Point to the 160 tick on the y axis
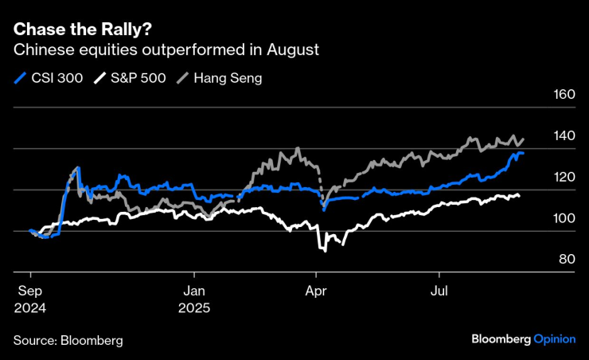click(563, 95)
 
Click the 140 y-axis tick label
click(563, 136)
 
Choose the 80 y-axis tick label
click(566, 259)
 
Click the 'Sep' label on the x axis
click(29, 291)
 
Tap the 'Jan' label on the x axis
click(194, 291)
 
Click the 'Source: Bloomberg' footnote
click(68, 340)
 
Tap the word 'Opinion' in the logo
click(554, 338)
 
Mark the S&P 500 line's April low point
click(324, 250)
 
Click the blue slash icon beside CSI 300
click(20, 78)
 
